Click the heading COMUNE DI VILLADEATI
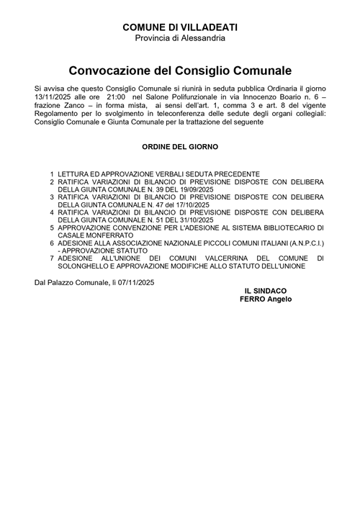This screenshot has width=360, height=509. click(180, 27)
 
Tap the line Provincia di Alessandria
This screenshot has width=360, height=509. click(180, 37)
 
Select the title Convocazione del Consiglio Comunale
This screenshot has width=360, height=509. click(180, 71)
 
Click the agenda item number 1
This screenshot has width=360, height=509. click(52, 174)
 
